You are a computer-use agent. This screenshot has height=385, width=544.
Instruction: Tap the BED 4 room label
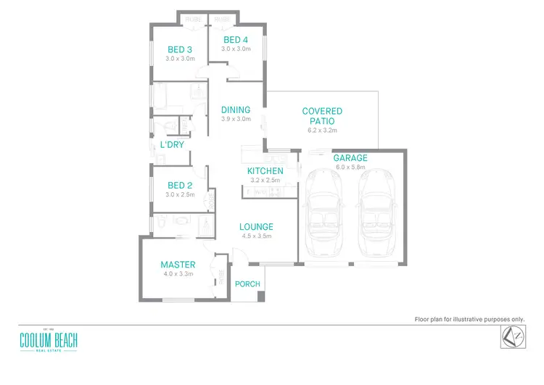[236, 40]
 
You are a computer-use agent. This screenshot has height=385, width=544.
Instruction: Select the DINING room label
[236, 110]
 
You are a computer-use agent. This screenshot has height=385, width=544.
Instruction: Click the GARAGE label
[350, 158]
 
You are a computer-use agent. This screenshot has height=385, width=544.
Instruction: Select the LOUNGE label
[256, 227]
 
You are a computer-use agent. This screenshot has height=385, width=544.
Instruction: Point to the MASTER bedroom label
[178, 265]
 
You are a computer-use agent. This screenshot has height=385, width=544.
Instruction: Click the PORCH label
[247, 283]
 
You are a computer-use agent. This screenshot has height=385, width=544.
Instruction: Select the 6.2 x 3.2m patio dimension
[322, 131]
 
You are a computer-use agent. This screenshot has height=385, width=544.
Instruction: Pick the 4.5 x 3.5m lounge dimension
[256, 236]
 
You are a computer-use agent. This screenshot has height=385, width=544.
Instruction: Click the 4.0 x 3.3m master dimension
[178, 274]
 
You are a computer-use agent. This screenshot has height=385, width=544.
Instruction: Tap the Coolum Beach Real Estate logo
[49, 341]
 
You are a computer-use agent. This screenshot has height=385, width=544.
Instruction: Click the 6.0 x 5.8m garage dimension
[350, 167]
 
